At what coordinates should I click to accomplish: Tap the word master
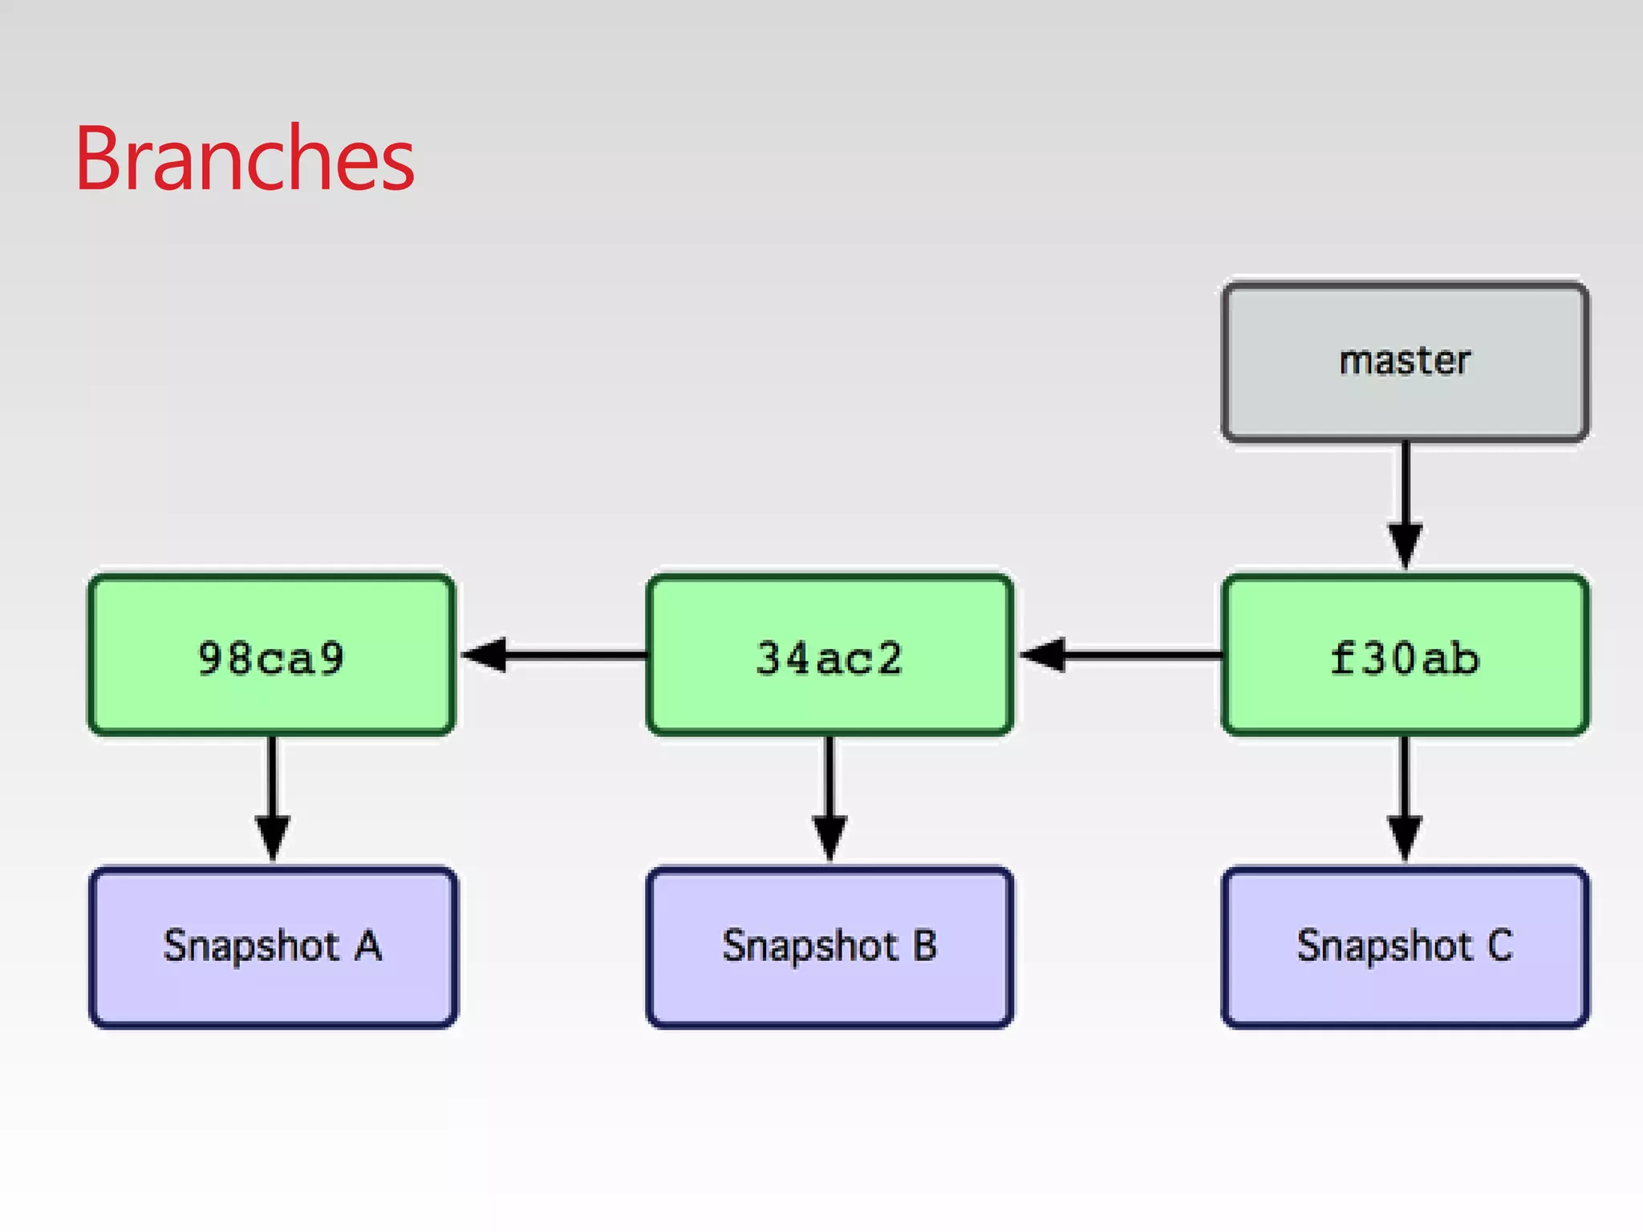coord(1405,360)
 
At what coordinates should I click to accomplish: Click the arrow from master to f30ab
coord(1406,489)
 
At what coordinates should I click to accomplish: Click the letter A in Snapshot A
coord(368,946)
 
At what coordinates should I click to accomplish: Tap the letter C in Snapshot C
coord(1499,946)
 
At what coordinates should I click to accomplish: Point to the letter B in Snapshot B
coord(925,946)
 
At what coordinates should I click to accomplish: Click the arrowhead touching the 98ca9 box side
coord(485,655)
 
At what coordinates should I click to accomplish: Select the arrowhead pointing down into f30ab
coord(1406,545)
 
